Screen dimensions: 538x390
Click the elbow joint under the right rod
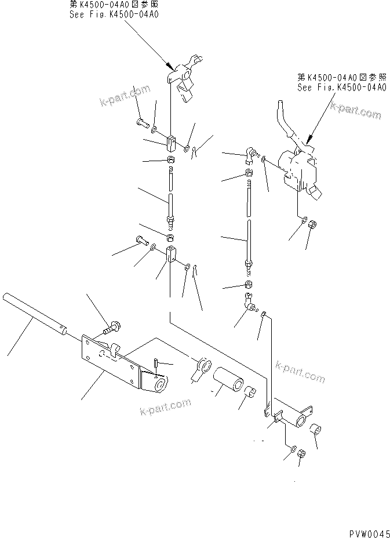tap(249, 303)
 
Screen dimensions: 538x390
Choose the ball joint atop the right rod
tap(250, 154)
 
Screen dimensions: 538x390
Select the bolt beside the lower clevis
tap(141, 239)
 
